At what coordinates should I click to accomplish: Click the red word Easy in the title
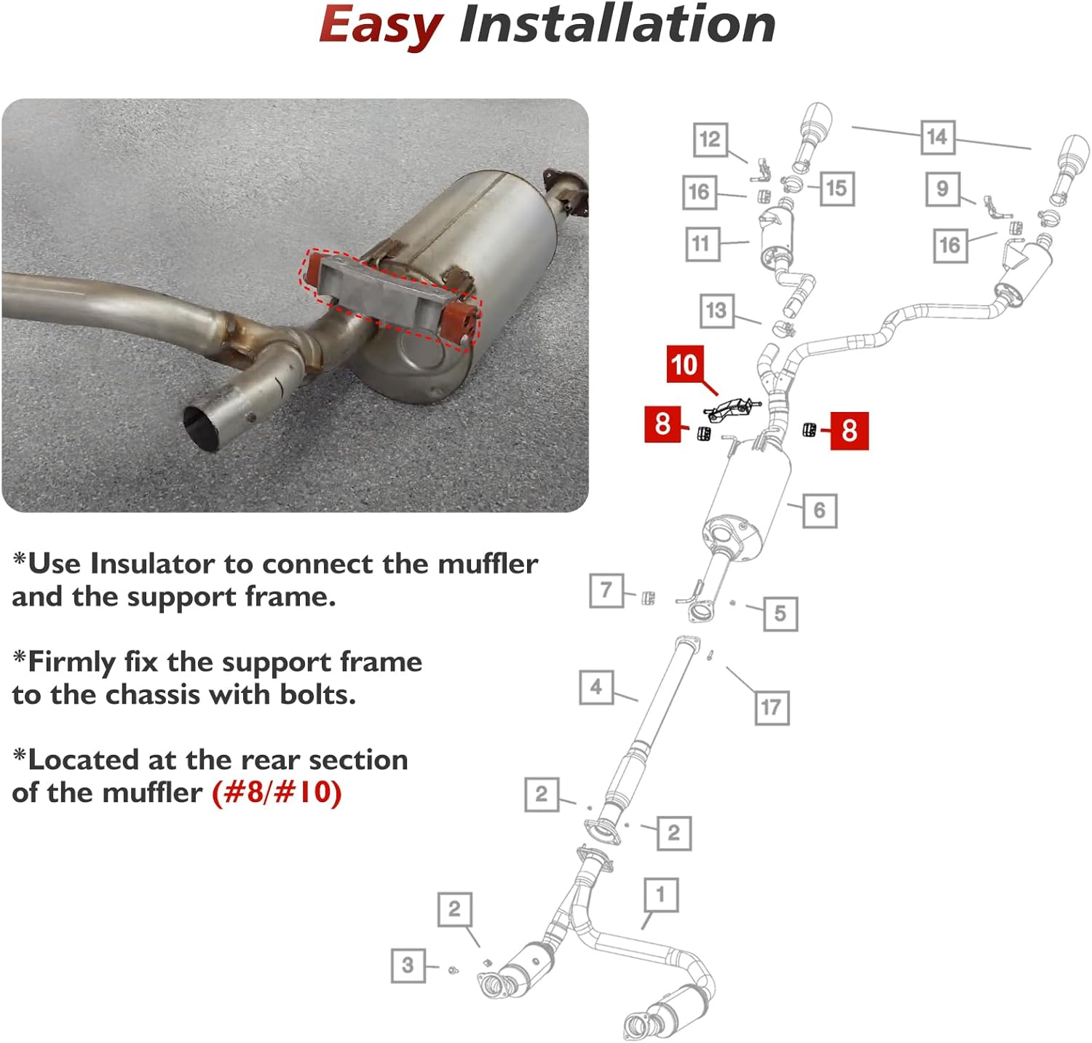(x=380, y=26)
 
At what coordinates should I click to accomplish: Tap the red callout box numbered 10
(x=684, y=364)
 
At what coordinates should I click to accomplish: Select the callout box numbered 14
(x=937, y=137)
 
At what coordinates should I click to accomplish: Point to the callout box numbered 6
(x=819, y=510)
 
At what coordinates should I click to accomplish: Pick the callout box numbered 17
(x=771, y=707)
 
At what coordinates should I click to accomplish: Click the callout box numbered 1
(x=661, y=895)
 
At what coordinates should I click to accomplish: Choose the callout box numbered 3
(x=408, y=965)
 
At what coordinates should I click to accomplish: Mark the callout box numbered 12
(x=710, y=140)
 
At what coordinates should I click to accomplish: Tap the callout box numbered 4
(x=596, y=686)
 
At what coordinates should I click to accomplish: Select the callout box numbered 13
(x=716, y=311)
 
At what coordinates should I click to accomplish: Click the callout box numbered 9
(x=943, y=189)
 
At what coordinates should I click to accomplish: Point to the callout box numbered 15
(x=836, y=189)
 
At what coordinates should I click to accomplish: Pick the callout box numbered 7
(x=606, y=590)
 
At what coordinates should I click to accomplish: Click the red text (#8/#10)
(x=277, y=793)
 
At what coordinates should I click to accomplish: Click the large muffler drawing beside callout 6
(x=746, y=502)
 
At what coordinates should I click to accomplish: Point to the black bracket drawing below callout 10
(x=730, y=409)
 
